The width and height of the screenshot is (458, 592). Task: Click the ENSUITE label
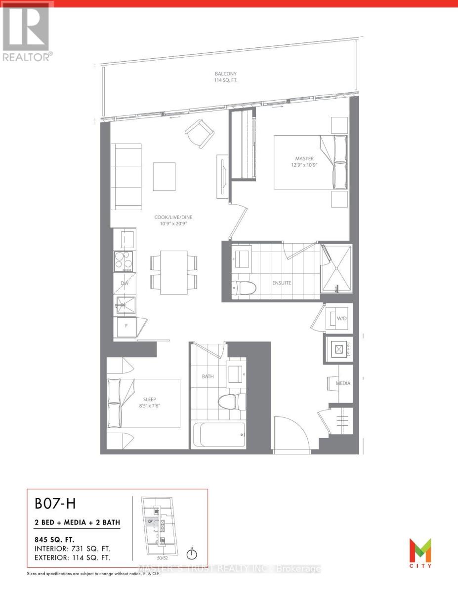282,283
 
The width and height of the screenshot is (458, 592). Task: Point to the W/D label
342,319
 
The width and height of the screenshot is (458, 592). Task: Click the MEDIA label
343,383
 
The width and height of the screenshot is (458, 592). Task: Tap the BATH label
208,376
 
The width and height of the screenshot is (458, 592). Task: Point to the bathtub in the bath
217,435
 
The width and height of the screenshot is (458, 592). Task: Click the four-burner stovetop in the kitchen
123,261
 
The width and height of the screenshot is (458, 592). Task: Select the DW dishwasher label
125,284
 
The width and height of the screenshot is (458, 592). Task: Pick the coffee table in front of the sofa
164,176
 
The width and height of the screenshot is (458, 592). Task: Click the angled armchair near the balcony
200,132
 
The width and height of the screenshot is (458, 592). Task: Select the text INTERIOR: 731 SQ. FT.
72,549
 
